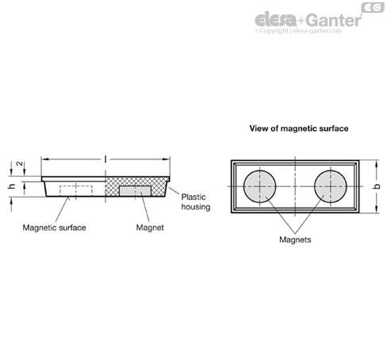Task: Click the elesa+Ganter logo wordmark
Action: point(308,20)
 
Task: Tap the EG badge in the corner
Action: point(373,7)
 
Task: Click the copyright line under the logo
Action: point(298,31)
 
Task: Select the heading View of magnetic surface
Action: point(299,128)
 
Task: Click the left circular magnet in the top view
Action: point(259,186)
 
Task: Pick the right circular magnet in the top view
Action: point(331,186)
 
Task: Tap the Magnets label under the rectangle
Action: point(295,239)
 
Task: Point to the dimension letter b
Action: point(377,186)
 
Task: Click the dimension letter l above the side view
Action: point(105,159)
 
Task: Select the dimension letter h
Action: point(11,186)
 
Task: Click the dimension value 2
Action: point(19,164)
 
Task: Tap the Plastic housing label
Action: point(196,202)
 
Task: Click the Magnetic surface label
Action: point(54,228)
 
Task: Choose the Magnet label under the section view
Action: point(150,228)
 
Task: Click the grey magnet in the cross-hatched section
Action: point(135,191)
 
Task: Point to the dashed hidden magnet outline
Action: point(76,190)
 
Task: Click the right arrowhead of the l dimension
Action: point(167,159)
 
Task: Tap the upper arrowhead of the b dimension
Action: point(377,163)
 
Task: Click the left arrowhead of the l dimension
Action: point(45,159)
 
